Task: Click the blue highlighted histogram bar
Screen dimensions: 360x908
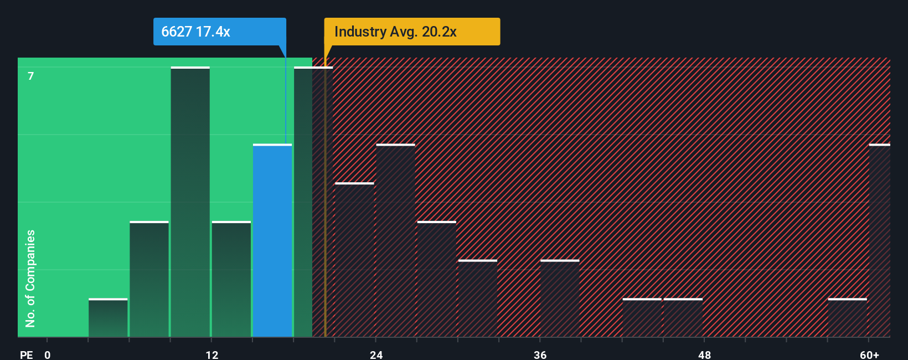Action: (x=272, y=241)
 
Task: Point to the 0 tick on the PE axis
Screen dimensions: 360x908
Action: (x=48, y=354)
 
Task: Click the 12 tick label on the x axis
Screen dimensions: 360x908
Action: (x=212, y=354)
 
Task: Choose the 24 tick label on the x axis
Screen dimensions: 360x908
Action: (x=376, y=354)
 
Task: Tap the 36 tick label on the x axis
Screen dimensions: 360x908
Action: (x=540, y=354)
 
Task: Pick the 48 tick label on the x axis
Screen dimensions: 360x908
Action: (x=704, y=354)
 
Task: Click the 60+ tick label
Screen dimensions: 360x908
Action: (x=869, y=354)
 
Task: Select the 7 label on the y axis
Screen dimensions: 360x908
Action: (x=31, y=76)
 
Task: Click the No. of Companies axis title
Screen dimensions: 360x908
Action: (x=30, y=278)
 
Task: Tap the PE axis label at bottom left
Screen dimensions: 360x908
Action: (x=26, y=354)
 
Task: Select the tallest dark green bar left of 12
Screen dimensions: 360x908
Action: (x=190, y=202)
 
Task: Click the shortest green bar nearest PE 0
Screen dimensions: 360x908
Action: (x=108, y=318)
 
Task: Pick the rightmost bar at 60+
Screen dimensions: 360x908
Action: (x=879, y=241)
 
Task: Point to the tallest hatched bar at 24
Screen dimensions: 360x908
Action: (x=395, y=241)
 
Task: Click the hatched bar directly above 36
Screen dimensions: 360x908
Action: (x=560, y=299)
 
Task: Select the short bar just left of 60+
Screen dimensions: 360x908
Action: (x=847, y=318)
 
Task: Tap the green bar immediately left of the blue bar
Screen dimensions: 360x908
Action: (x=231, y=279)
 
